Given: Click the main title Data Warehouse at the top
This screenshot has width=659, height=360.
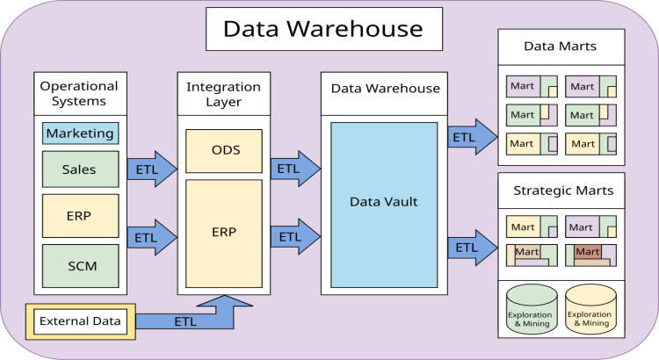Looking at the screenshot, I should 322,29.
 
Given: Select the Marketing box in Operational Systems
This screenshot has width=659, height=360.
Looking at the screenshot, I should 80,134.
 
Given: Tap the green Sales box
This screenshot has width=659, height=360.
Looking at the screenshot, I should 80,169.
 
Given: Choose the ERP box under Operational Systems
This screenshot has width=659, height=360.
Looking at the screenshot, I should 80,215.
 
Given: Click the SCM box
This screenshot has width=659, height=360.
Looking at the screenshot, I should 80,265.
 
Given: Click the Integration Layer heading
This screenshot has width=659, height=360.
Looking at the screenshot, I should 224,95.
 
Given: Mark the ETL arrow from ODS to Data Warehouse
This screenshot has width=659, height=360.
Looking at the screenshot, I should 293,169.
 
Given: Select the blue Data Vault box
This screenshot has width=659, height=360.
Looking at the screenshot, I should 383,203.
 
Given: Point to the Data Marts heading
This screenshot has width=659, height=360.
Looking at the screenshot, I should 561,46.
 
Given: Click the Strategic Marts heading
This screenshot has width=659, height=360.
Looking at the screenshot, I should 561,190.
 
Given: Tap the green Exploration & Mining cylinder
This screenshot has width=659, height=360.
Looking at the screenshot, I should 529,309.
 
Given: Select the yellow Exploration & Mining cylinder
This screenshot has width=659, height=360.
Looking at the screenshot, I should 590,309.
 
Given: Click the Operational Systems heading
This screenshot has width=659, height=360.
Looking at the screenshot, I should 79,94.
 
